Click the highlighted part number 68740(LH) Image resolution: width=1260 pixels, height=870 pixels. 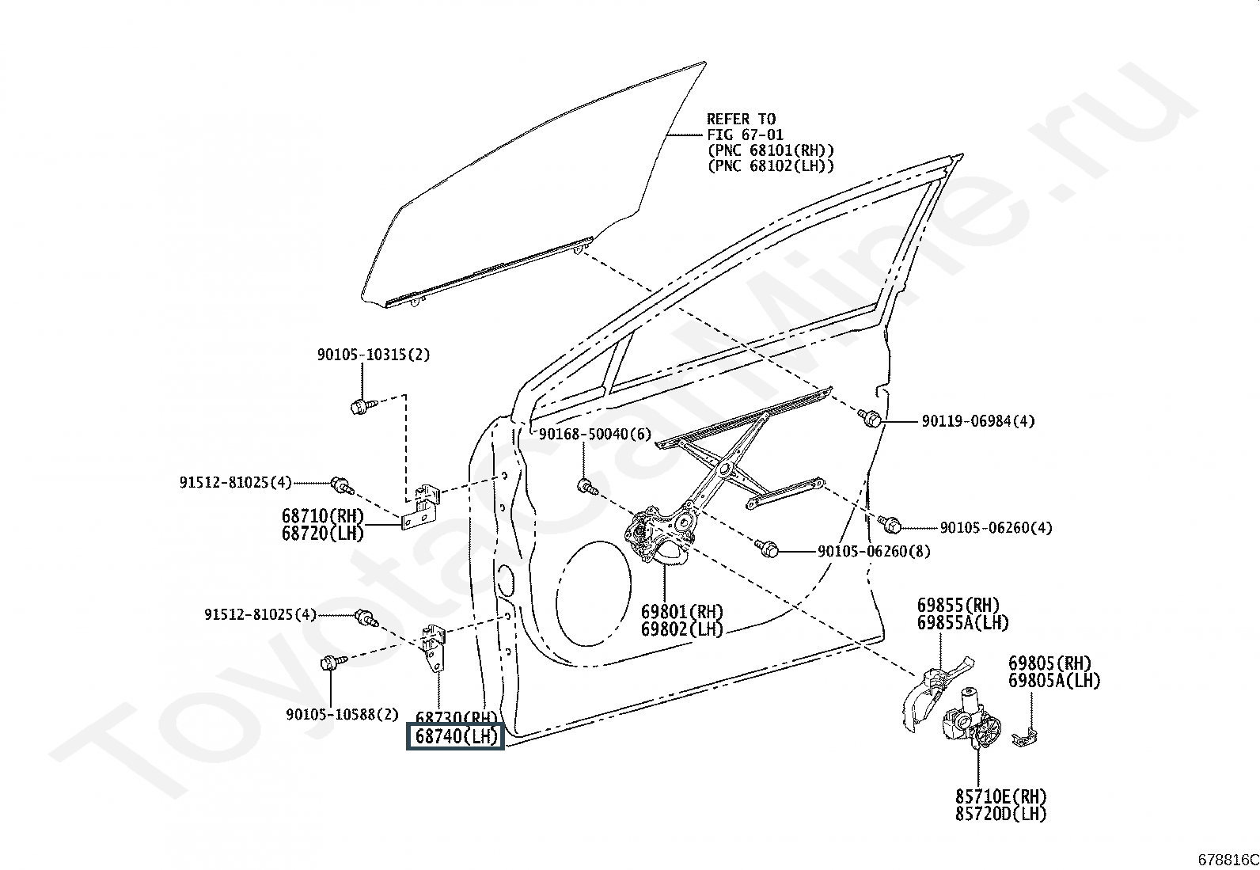455,737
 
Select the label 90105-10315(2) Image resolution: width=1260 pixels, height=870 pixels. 374,355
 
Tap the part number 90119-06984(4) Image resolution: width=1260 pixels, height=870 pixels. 977,421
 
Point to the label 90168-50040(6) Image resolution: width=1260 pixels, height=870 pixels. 594,434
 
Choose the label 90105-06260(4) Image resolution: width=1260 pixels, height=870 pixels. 996,527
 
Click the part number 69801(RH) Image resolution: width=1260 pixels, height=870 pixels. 681,612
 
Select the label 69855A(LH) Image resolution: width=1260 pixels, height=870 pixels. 963,623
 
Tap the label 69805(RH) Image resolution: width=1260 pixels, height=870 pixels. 1049,663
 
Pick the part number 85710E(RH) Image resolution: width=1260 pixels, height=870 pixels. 1000,796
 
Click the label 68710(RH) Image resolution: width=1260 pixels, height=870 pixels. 322,516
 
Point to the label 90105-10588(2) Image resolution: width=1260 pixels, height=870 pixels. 343,714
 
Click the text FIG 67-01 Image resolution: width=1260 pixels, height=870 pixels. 745,135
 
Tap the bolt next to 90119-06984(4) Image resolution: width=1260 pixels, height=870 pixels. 871,419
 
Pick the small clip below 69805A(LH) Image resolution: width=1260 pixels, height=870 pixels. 1027,737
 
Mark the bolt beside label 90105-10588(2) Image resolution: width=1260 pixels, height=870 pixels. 330,663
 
